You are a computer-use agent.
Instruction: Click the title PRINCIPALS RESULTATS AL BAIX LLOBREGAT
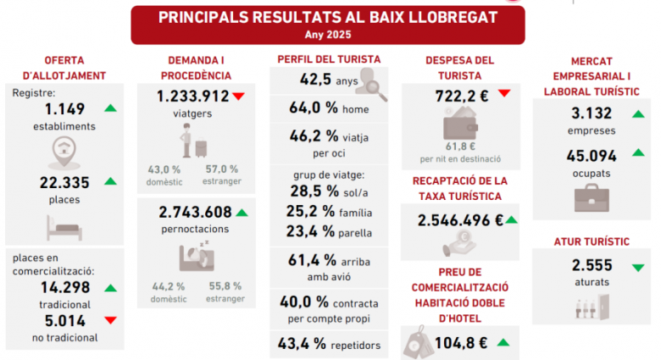(327, 17)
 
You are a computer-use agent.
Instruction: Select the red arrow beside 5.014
(110, 319)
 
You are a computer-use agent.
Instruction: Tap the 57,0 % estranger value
(223, 169)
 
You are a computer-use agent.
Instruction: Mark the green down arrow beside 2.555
(637, 267)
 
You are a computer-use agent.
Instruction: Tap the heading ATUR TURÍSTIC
(592, 241)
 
